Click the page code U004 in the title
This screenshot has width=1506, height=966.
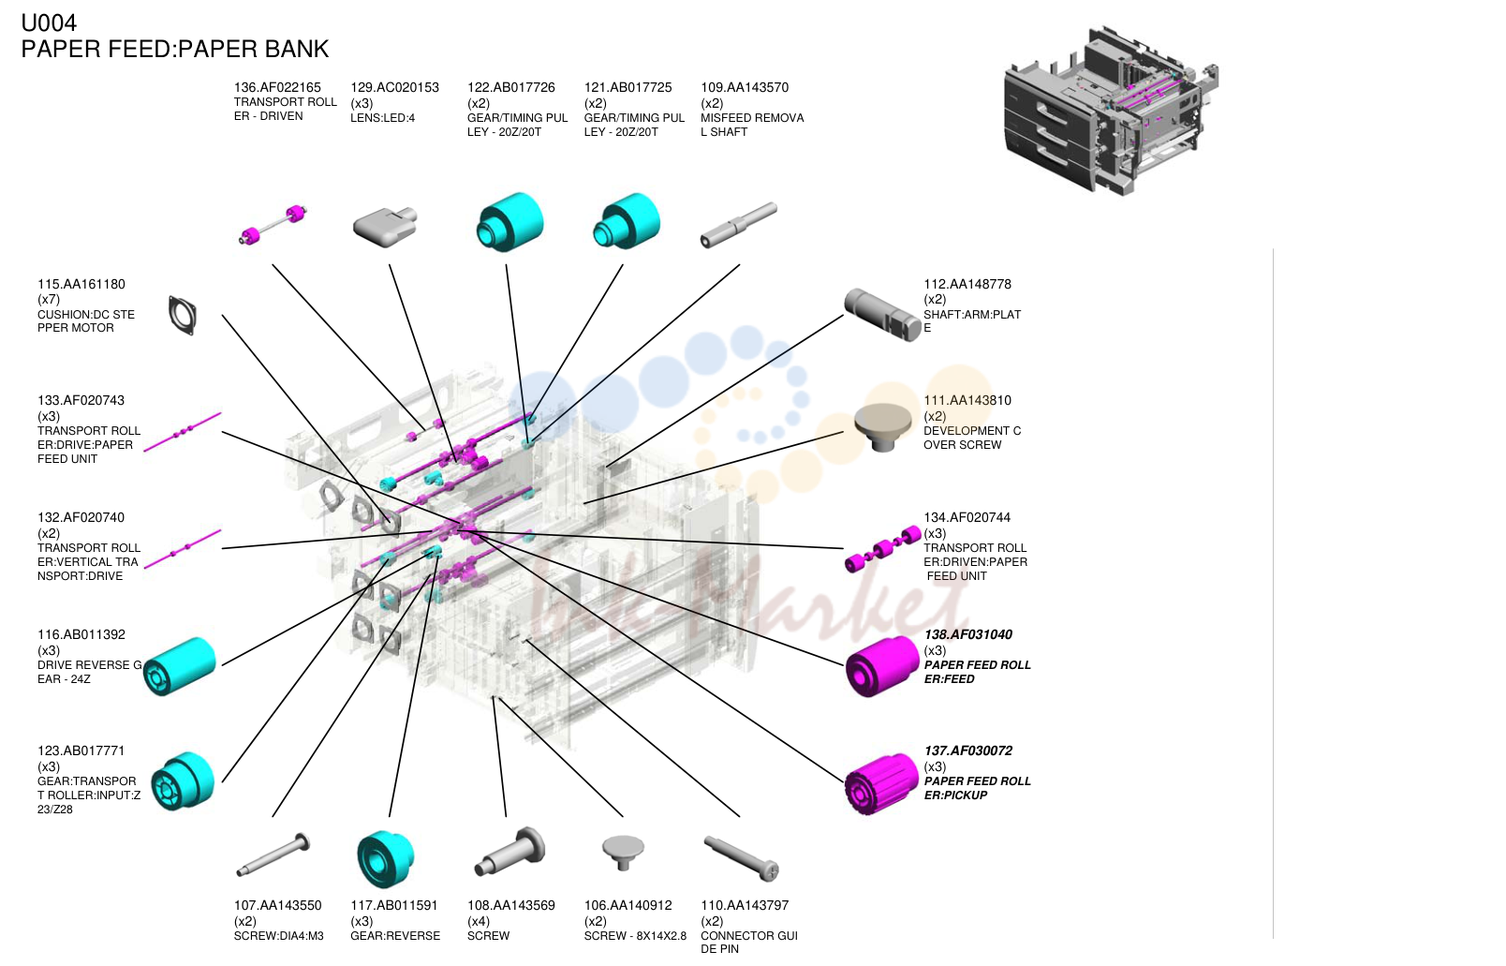(x=49, y=22)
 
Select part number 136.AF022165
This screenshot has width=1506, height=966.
(x=277, y=87)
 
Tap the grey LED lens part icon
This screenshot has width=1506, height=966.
(x=385, y=226)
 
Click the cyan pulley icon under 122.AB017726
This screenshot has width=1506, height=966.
(x=509, y=222)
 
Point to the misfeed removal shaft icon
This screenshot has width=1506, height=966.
(x=738, y=225)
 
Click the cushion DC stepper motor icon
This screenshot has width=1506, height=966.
(x=183, y=315)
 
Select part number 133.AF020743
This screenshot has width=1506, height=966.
(x=81, y=400)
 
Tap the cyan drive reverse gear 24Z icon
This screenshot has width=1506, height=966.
(x=180, y=666)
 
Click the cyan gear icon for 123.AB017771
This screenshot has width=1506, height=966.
(x=183, y=781)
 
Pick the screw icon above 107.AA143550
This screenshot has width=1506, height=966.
(x=273, y=855)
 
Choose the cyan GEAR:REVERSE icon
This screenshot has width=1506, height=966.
(x=385, y=859)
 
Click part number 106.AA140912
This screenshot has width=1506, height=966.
(x=627, y=905)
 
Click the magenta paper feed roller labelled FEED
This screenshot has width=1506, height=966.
(x=882, y=666)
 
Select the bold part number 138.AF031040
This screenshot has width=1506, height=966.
(x=967, y=634)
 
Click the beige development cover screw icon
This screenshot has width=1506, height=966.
(x=883, y=427)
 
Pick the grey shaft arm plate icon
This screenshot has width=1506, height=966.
(x=883, y=315)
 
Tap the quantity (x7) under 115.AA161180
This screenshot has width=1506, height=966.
(x=49, y=299)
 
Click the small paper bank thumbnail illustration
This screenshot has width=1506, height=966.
(x=1111, y=111)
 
